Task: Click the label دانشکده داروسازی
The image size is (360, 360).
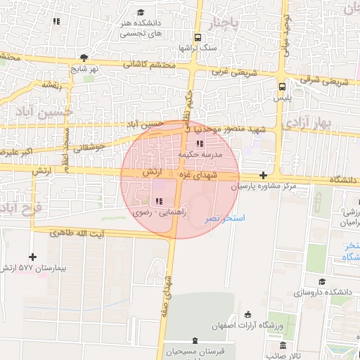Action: (x=324, y=290)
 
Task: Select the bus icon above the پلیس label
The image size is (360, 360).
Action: (x=282, y=87)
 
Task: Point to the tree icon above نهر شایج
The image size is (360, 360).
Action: (x=84, y=58)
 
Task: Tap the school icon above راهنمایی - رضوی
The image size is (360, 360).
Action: (x=158, y=202)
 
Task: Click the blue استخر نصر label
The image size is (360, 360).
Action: (x=224, y=219)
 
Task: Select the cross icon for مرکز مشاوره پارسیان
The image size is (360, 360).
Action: (x=263, y=175)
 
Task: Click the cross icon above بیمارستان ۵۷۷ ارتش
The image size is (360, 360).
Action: (x=32, y=257)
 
